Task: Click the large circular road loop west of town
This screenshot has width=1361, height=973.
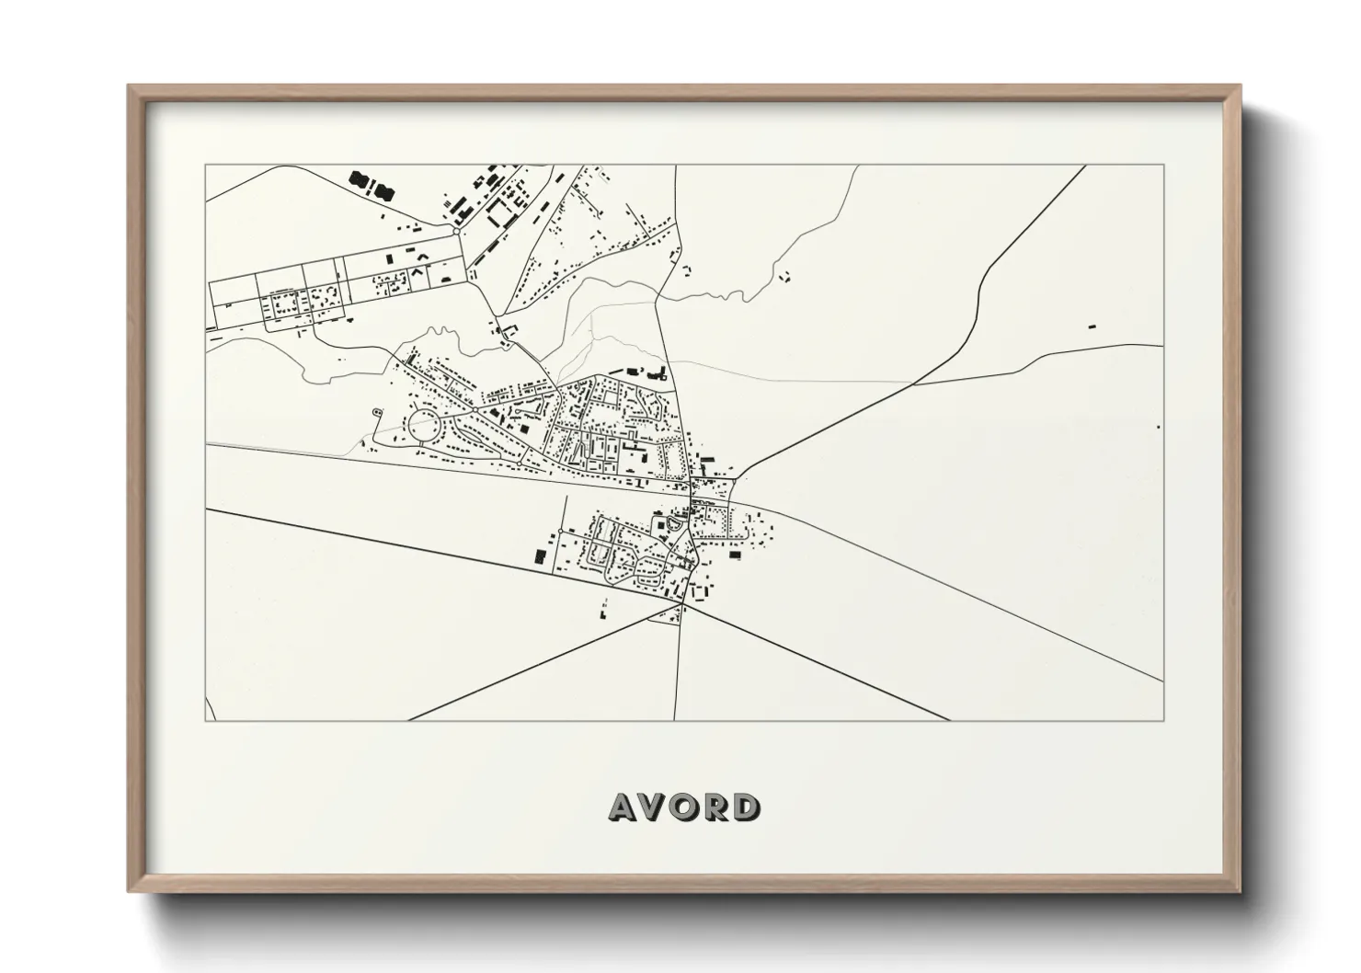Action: pos(425,426)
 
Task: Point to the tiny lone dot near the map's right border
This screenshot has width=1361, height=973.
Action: pos(1158,428)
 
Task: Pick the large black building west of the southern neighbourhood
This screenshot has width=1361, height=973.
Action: pos(539,555)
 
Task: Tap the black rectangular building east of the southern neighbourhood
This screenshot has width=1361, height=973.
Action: pos(735,554)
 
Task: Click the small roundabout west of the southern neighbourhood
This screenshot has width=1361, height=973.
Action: pos(560,532)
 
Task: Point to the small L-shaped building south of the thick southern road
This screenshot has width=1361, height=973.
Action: pos(604,607)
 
